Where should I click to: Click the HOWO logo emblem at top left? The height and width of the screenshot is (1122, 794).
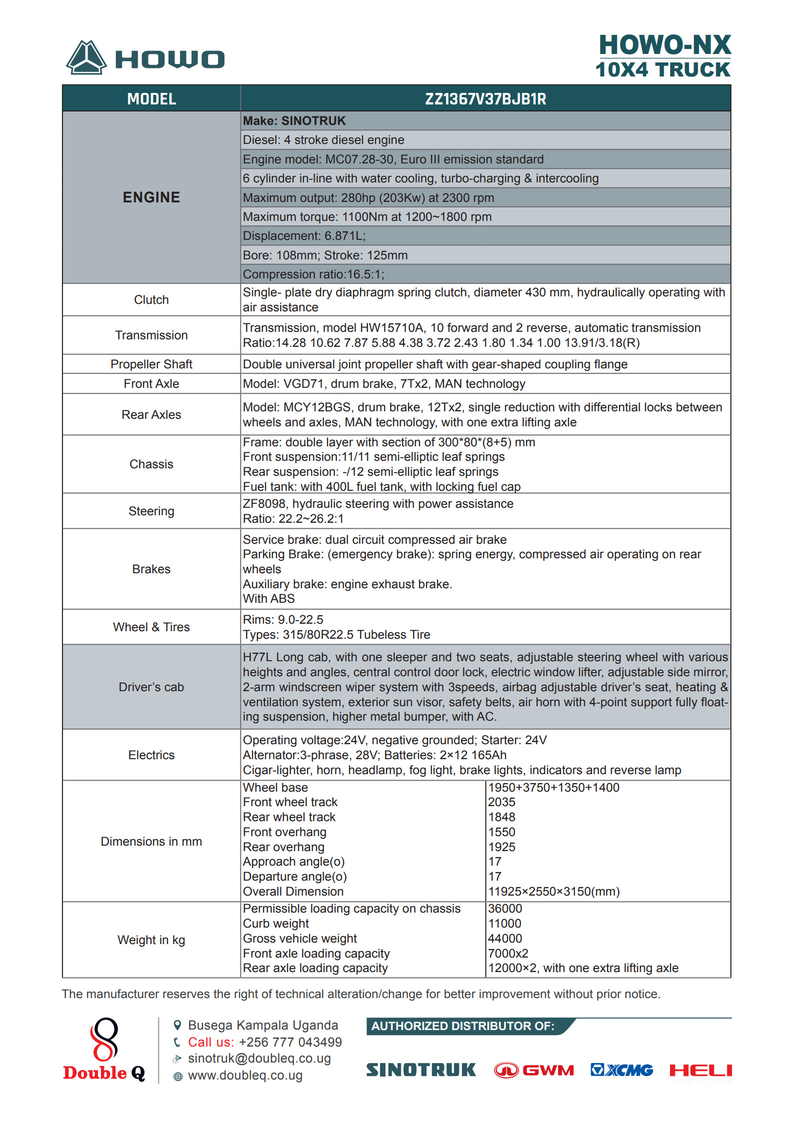coord(86,58)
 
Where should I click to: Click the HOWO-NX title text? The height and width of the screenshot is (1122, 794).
coord(664,45)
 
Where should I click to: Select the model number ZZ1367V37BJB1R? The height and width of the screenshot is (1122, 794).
coord(485,99)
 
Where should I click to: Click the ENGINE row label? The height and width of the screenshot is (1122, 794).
coord(151,197)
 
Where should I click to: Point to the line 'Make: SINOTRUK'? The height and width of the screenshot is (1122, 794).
coord(294,121)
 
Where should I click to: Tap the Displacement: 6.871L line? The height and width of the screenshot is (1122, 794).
coord(304,236)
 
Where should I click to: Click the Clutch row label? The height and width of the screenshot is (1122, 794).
coord(151,300)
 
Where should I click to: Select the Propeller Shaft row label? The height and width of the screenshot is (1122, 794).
coord(151,364)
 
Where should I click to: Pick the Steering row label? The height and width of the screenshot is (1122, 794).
coord(151,511)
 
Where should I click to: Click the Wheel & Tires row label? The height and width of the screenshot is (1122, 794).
coord(151,627)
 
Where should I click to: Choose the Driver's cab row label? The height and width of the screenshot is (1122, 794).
coord(151,687)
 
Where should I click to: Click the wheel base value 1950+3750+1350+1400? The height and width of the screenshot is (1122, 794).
coord(553,788)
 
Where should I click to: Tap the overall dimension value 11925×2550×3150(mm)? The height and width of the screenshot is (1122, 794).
coord(553,892)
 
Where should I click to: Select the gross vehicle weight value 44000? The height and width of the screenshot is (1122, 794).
coord(505,939)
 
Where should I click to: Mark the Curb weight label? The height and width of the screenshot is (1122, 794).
coord(276,924)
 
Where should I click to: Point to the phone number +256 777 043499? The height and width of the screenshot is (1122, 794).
coord(290,1043)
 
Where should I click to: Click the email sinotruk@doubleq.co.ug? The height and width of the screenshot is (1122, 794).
coord(259,1059)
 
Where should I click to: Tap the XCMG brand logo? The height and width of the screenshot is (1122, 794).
coord(621,1070)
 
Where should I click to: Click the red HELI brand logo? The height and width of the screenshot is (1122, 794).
coord(700,1070)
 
